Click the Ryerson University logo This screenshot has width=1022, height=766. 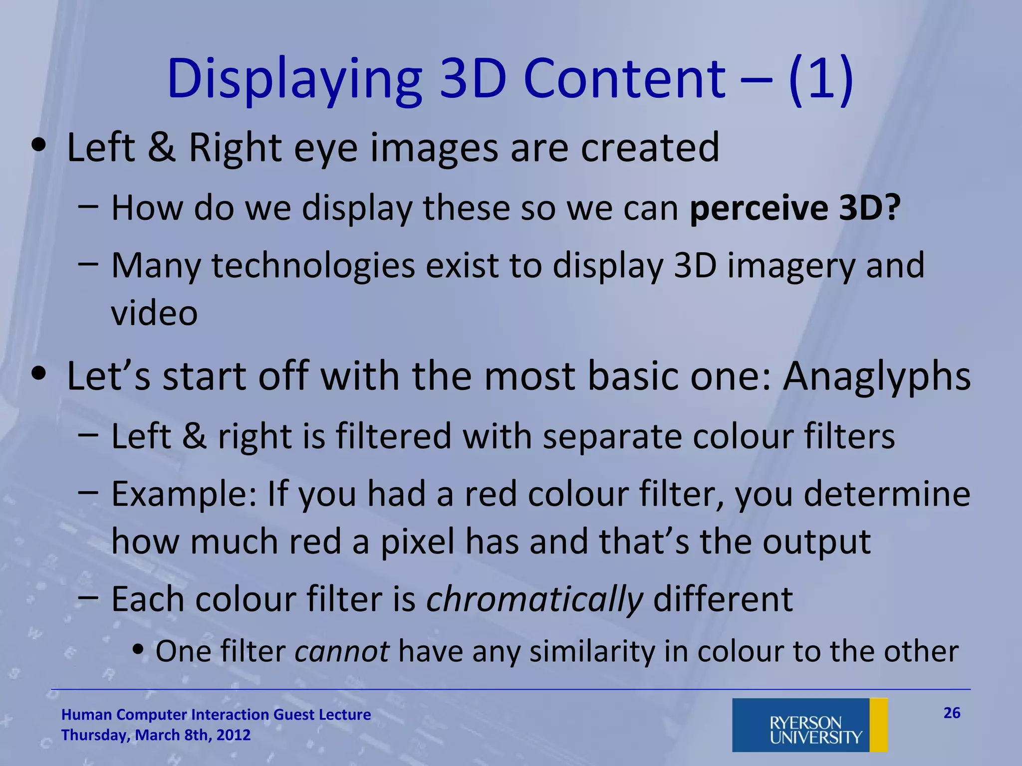click(809, 725)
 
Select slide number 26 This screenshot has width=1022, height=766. click(952, 713)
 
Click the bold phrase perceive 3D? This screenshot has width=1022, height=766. click(795, 207)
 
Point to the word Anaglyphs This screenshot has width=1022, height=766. click(877, 377)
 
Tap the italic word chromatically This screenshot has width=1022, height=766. click(534, 599)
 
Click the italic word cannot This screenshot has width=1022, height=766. click(342, 651)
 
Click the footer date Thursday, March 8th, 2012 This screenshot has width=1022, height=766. click(156, 735)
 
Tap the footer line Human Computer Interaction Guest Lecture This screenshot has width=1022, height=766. click(216, 715)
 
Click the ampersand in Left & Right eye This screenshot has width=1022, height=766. click(162, 148)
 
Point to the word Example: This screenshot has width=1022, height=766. click(184, 494)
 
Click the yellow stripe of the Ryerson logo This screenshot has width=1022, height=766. click(878, 725)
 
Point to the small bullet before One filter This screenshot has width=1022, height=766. click(139, 649)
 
